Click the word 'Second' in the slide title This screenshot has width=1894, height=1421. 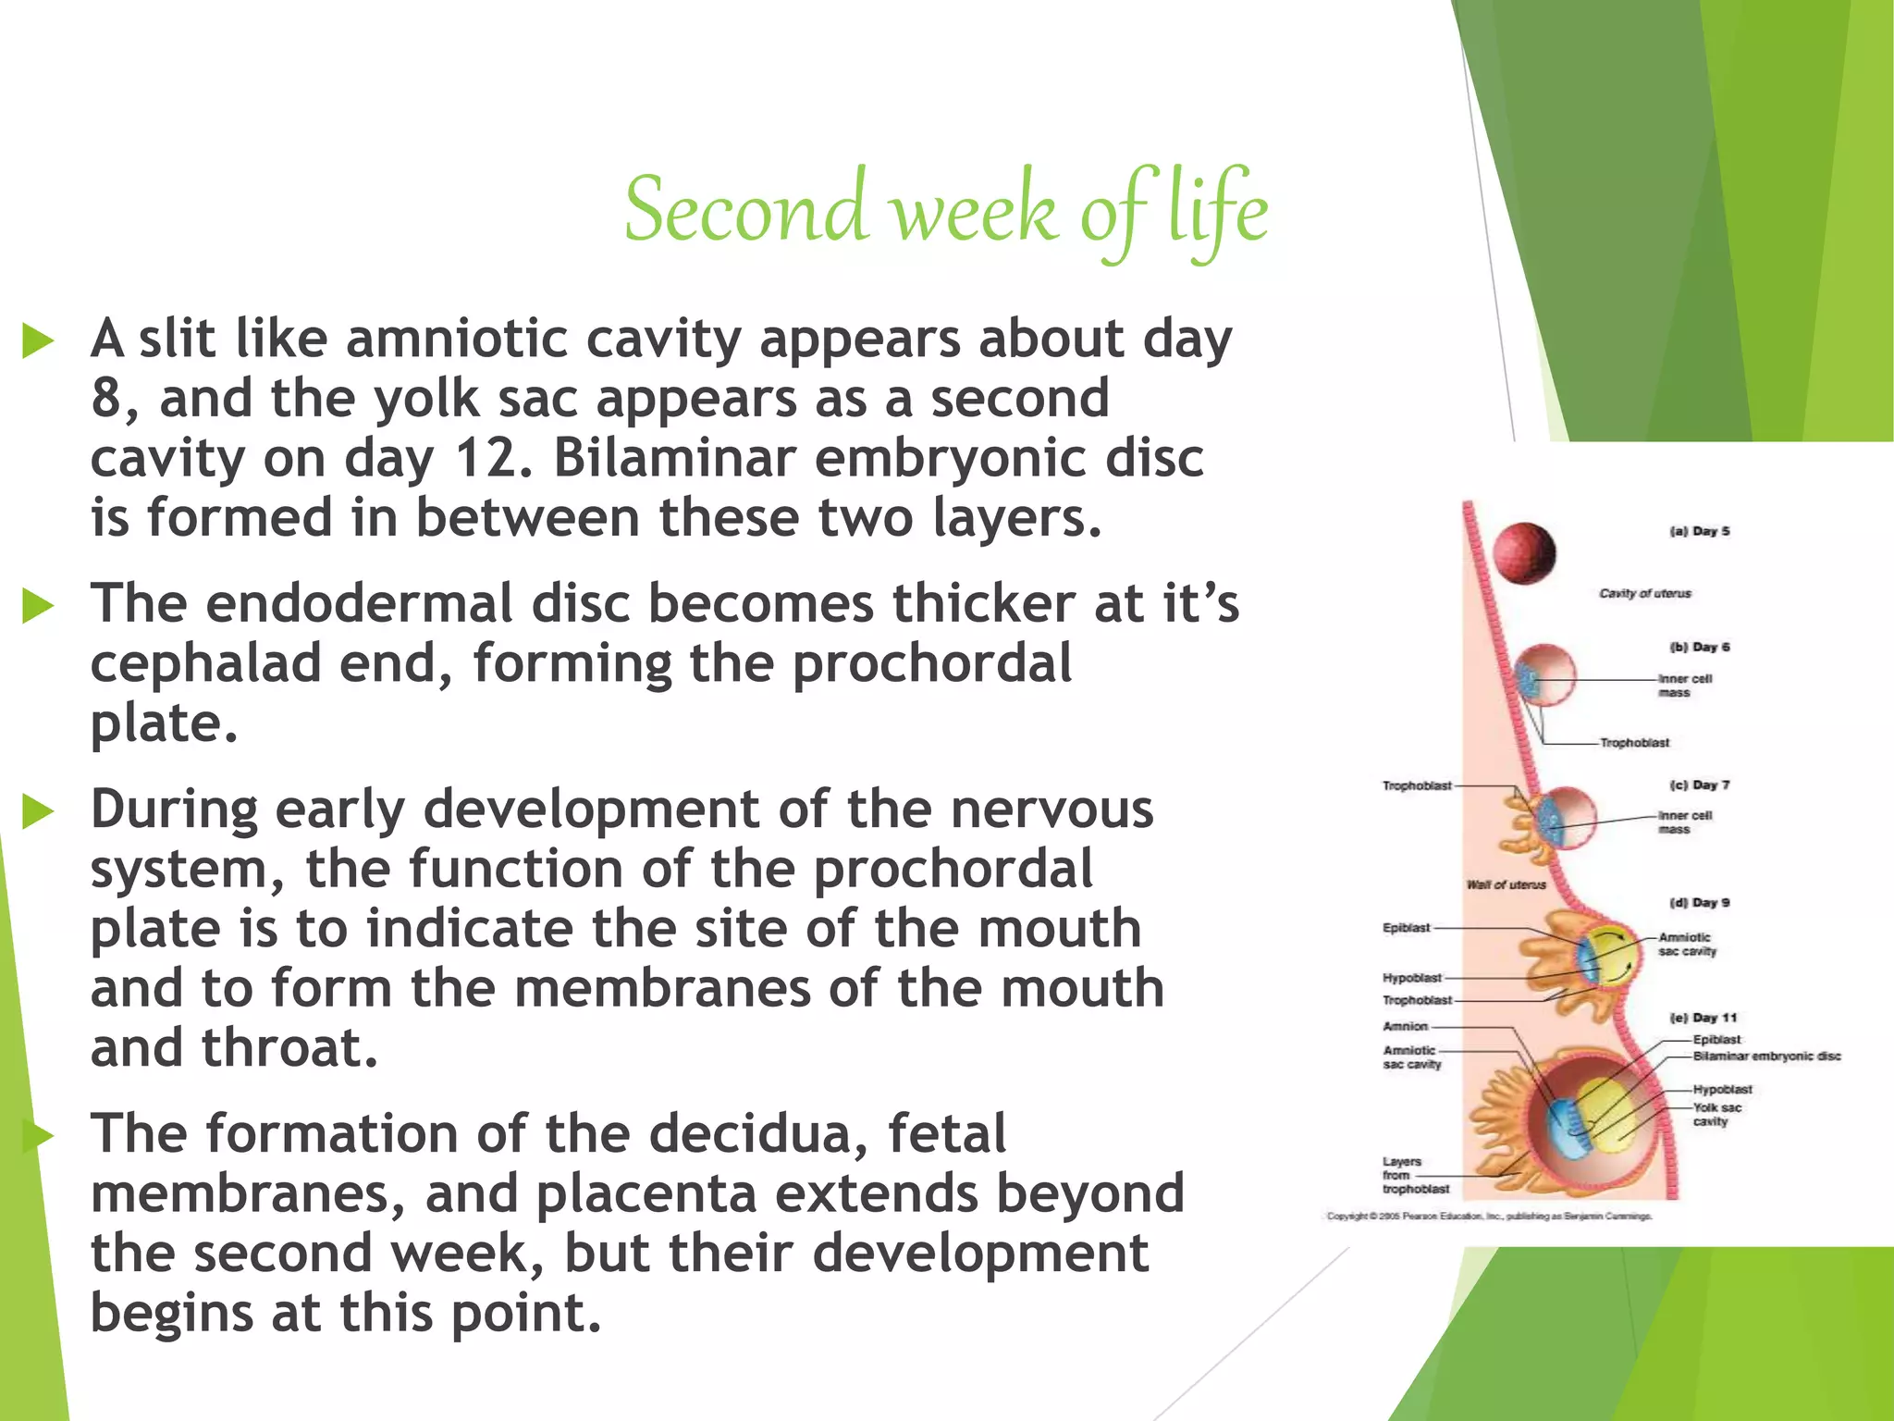[x=745, y=211]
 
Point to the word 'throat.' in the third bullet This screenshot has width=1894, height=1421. [x=289, y=1048]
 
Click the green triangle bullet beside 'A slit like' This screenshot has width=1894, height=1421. [x=38, y=341]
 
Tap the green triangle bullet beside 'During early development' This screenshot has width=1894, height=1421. [x=38, y=811]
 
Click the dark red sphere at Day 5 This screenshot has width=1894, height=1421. [x=1525, y=553]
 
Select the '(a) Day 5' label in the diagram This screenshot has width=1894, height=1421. [x=1700, y=531]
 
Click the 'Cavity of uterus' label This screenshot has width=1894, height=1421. [x=1645, y=593]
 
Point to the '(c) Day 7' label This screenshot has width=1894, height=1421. [x=1700, y=785]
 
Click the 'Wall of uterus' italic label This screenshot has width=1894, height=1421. [x=1506, y=884]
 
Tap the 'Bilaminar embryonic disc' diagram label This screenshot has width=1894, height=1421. [x=1766, y=1056]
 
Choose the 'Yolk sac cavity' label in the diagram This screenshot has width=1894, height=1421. [x=1716, y=1114]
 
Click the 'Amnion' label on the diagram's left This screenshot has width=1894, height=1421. [x=1406, y=1026]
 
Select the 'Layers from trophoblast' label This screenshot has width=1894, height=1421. [x=1414, y=1175]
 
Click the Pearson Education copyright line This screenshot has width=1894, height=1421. [x=1489, y=1216]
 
